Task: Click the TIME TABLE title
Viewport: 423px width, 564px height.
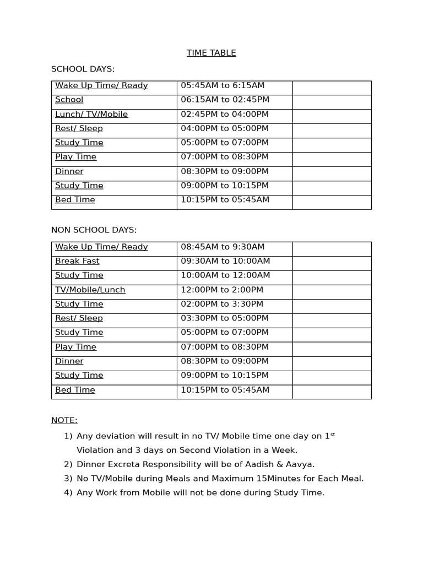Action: [x=211, y=53]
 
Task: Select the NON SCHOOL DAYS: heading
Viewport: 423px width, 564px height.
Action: [x=94, y=230]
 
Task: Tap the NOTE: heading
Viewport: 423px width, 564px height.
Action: [x=64, y=420]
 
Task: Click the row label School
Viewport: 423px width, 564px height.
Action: [x=69, y=100]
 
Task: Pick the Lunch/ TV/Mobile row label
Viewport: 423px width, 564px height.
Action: [x=91, y=114]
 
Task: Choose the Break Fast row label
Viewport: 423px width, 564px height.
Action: [x=77, y=261]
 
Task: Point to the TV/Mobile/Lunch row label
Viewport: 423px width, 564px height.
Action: [x=90, y=290]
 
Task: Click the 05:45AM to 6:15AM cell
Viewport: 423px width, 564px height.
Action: [x=223, y=85]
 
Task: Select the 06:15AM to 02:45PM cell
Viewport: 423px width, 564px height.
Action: [x=225, y=100]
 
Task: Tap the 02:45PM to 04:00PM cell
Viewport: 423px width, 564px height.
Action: [x=225, y=114]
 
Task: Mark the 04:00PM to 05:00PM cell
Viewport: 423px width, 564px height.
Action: [x=225, y=128]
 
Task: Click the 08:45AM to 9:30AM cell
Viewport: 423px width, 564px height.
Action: [x=223, y=247]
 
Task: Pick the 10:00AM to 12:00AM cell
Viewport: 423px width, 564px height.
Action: [x=225, y=275]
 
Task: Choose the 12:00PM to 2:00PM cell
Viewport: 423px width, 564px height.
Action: [x=222, y=290]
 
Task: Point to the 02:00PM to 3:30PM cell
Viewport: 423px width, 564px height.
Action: [x=222, y=304]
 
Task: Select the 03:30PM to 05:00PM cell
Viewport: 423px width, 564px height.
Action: [x=225, y=318]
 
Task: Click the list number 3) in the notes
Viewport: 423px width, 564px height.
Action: [x=68, y=479]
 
